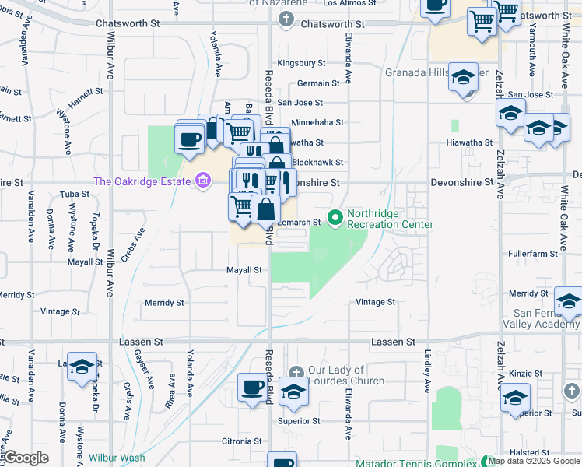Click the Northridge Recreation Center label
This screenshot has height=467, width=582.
pos(390,218)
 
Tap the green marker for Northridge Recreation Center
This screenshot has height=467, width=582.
pos(335,217)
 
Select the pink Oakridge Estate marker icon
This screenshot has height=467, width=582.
pos(203,181)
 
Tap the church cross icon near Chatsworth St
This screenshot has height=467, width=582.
pos(287,19)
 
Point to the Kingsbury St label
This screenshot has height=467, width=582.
pos(301,62)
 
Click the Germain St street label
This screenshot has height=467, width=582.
pos(318,83)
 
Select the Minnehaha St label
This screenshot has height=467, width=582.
pos(317,122)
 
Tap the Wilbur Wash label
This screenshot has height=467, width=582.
pos(117,458)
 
